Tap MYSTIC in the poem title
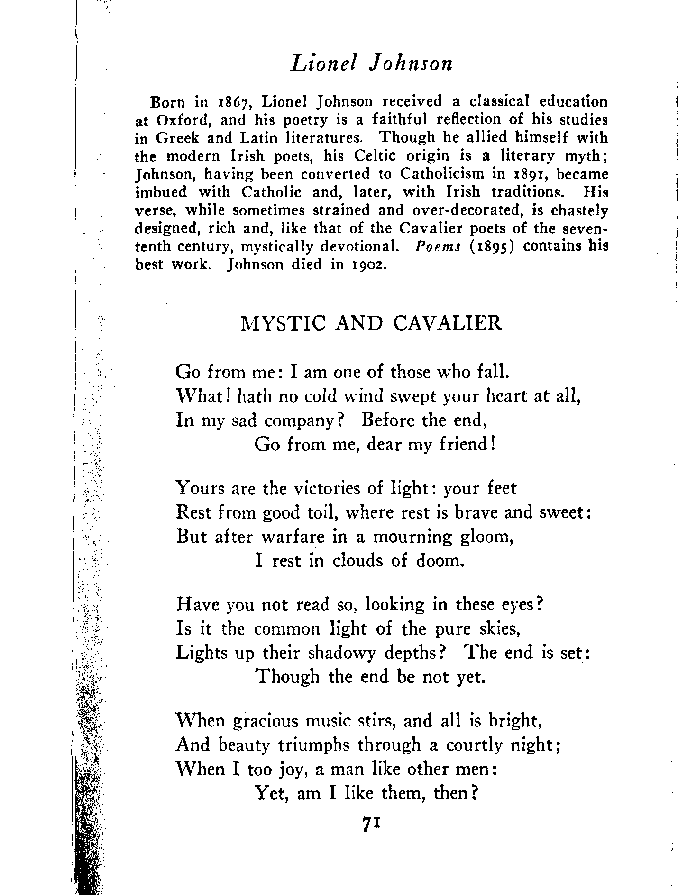tap(283, 323)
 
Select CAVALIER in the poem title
tap(447, 323)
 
